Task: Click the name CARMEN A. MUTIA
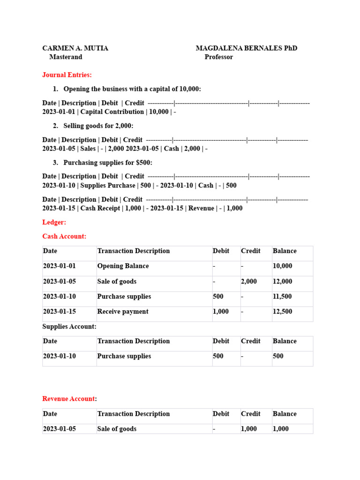coord(75,48)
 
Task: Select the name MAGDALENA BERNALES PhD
coord(246,48)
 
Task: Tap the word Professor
coord(218,57)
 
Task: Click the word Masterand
coord(66,57)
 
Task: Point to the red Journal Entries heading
coord(67,75)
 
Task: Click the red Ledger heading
coord(54,222)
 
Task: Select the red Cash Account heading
coord(64,237)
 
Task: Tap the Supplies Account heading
coord(69,327)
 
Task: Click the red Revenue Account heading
coord(68,399)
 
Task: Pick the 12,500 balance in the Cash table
coord(282,312)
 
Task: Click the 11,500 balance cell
coord(282,297)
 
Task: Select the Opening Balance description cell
coord(123,266)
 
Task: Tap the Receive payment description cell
coord(122,312)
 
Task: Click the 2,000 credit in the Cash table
coord(248,282)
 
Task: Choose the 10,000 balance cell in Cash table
coord(282,266)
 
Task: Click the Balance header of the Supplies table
coord(285,341)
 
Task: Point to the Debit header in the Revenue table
coord(221,414)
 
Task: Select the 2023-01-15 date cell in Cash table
coord(59,312)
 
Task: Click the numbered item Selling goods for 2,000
coord(98,126)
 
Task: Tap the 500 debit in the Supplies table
coord(218,356)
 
